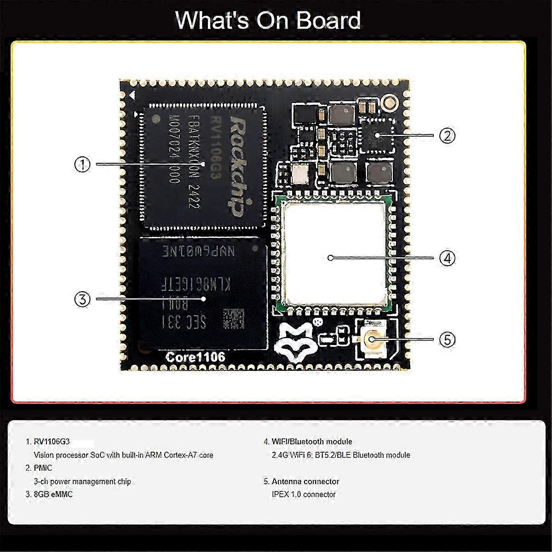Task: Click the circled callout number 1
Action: tap(82, 164)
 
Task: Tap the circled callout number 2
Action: tap(447, 135)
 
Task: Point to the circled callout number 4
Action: tap(447, 258)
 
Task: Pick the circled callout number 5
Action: tap(447, 340)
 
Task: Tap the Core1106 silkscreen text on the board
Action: tap(195, 357)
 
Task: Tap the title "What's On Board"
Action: tap(268, 21)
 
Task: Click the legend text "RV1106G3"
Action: tap(52, 442)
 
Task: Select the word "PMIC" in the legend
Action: tap(43, 468)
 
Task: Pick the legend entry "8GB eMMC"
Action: tap(53, 494)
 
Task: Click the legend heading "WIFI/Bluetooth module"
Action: tap(311, 442)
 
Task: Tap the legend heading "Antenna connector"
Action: tap(305, 481)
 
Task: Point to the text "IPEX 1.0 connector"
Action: tap(304, 494)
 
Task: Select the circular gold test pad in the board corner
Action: tap(391, 102)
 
